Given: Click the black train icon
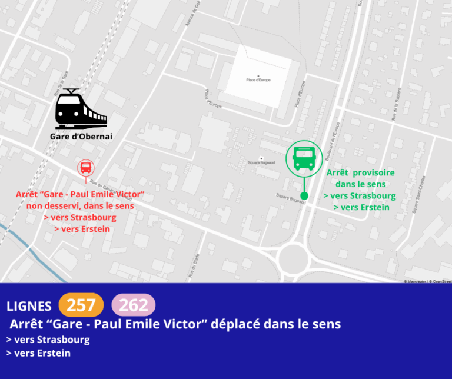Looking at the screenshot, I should [x=81, y=109].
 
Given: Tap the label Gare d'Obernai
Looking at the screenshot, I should [x=81, y=137].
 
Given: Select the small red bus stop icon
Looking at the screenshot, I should [x=86, y=167].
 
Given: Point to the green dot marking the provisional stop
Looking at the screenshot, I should [x=304, y=195].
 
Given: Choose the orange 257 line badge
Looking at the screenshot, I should [x=81, y=305].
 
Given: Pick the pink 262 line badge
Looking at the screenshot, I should [x=134, y=305].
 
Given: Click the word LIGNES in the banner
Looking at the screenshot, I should [x=29, y=306].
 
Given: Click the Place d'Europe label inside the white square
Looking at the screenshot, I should [x=258, y=79].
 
